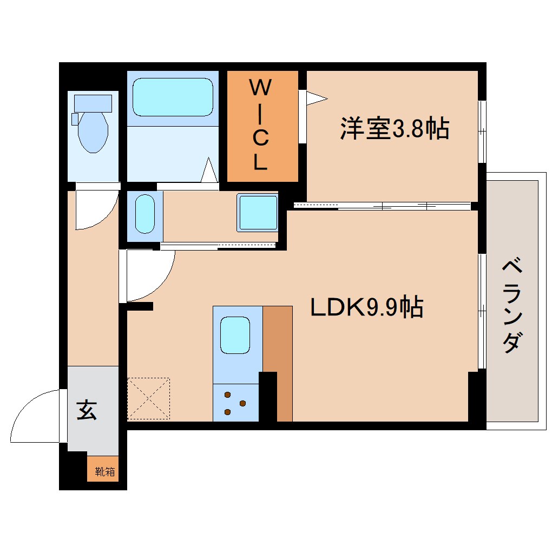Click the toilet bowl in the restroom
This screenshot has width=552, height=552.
click(93, 132)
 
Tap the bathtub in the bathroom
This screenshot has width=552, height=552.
click(173, 97)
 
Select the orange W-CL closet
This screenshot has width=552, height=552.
click(262, 126)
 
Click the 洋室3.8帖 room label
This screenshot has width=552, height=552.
click(395, 129)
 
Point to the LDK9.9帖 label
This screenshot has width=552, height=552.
click(366, 308)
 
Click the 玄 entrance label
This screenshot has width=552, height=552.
click(87, 410)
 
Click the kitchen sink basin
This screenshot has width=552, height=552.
click(235, 335)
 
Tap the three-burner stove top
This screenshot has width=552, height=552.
click(235, 403)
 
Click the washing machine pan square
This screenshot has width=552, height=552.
click(258, 213)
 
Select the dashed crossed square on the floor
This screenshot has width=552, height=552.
click(148, 398)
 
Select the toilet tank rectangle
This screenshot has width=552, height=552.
click(93, 103)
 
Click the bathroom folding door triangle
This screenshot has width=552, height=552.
click(210, 170)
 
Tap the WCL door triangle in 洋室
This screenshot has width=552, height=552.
click(316, 98)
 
